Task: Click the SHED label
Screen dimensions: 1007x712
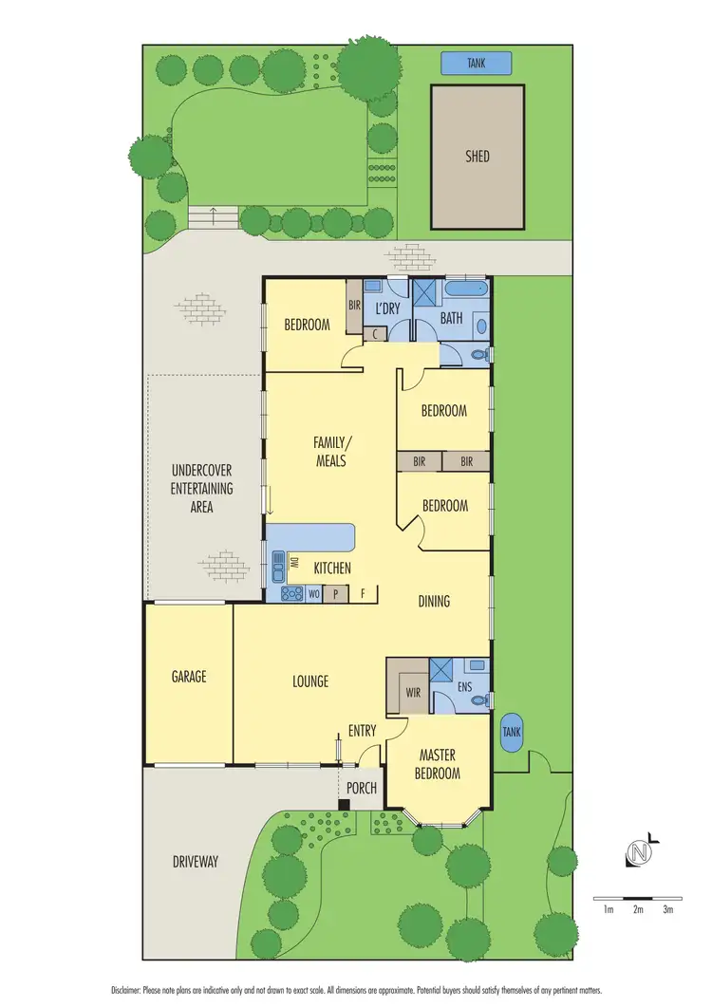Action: [x=478, y=157]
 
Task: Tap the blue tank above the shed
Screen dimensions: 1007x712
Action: [x=476, y=64]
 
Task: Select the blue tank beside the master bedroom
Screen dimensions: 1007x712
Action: [x=512, y=732]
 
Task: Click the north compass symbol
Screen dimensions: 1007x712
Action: [x=641, y=853]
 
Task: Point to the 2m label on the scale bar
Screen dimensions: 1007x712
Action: [x=638, y=909]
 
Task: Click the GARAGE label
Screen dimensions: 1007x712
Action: [x=189, y=677]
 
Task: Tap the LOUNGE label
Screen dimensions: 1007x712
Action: [x=310, y=681]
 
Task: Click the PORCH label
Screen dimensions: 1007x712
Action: [x=361, y=788]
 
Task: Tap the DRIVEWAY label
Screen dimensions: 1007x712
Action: [x=196, y=862]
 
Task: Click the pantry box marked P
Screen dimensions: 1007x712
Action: [x=335, y=594]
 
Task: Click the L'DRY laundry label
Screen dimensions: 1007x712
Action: [x=387, y=309]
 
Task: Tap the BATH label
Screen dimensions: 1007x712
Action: [x=451, y=319]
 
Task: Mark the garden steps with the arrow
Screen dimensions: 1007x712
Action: [x=213, y=215]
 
